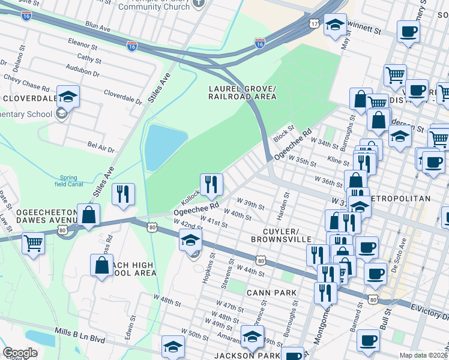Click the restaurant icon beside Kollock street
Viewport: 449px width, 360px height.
211,184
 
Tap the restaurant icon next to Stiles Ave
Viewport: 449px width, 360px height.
123,193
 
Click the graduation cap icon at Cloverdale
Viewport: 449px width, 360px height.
68,96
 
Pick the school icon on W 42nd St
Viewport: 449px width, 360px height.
190,240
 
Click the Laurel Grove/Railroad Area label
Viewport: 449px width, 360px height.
242,92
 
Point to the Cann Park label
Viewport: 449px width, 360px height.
271,292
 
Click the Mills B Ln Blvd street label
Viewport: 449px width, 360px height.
79,340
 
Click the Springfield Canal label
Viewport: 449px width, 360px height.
72,181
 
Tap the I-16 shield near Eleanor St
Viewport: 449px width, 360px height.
132,46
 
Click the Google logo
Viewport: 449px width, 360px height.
20,353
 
